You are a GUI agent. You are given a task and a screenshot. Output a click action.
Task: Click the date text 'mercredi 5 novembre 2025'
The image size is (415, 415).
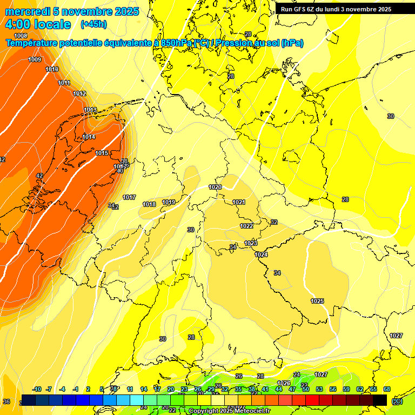click(72, 11)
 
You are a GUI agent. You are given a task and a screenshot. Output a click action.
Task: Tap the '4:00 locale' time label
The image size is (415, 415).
click(38, 24)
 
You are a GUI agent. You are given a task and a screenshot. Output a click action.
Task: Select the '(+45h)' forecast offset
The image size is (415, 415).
click(93, 24)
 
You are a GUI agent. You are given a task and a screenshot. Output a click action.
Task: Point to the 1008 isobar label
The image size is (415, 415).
click(21, 36)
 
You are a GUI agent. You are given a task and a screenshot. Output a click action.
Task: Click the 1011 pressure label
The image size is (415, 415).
click(64, 83)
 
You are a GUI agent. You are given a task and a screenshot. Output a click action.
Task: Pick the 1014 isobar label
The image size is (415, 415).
click(89, 137)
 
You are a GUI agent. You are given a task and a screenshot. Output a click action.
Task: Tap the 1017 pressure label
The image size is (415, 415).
click(129, 197)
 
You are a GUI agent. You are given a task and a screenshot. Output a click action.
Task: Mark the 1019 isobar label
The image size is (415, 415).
click(169, 203)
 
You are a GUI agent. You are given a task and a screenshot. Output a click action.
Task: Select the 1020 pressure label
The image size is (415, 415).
click(215, 187)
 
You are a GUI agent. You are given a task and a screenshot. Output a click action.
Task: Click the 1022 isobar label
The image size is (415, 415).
click(246, 226)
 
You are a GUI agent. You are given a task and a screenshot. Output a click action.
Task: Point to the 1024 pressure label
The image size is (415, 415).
click(261, 255)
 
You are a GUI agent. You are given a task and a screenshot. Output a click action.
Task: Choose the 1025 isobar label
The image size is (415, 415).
click(317, 301)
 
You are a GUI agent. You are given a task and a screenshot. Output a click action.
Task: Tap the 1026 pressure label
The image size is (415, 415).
click(284, 383)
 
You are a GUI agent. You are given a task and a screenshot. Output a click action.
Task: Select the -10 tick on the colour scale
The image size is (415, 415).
click(37, 389)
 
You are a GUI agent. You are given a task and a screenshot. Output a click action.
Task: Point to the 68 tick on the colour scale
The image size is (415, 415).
click(387, 389)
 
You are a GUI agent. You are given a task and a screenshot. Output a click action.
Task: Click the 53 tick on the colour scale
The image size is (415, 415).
click(319, 389)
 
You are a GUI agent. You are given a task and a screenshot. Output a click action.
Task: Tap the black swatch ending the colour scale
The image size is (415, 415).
click(380, 400)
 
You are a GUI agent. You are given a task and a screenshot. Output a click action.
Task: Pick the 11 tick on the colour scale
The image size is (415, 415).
click(130, 389)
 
